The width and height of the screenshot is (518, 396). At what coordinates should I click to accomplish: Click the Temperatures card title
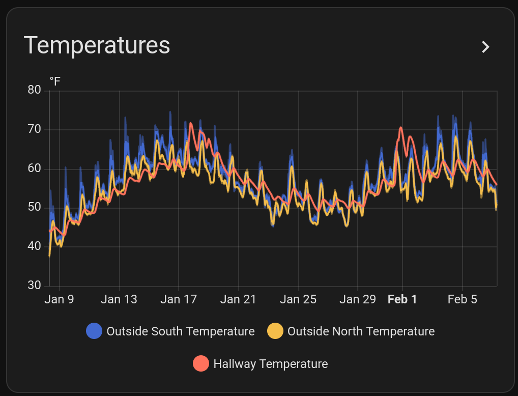(97, 45)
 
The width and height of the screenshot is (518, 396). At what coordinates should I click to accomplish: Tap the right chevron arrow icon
(486, 47)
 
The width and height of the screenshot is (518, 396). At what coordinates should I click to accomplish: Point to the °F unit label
(55, 81)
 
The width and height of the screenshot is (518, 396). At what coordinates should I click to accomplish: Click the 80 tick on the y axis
(35, 91)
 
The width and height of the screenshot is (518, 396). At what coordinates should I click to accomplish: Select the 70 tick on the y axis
(35, 129)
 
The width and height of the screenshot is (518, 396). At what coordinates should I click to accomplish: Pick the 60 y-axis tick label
(35, 168)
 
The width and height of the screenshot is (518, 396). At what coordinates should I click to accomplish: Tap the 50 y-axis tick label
(35, 207)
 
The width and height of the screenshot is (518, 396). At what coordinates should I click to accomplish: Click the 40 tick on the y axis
(35, 246)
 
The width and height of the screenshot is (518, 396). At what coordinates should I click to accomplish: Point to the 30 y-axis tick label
(35, 285)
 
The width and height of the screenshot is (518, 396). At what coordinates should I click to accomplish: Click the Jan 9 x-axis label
(59, 299)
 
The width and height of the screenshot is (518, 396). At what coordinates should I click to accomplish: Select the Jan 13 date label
(119, 299)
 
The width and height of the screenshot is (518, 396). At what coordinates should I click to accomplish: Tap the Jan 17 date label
(178, 299)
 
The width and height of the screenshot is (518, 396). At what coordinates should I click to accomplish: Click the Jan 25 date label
(298, 299)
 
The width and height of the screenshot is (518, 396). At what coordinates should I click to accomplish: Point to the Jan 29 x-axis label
(357, 299)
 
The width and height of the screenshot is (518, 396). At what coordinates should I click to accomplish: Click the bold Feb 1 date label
(402, 299)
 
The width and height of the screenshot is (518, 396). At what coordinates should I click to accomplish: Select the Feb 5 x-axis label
(462, 299)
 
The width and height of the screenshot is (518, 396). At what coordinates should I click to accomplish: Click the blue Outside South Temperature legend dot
(94, 331)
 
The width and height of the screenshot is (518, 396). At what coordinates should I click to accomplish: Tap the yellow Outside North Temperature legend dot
(275, 331)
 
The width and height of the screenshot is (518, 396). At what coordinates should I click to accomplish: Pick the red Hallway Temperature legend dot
(201, 364)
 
